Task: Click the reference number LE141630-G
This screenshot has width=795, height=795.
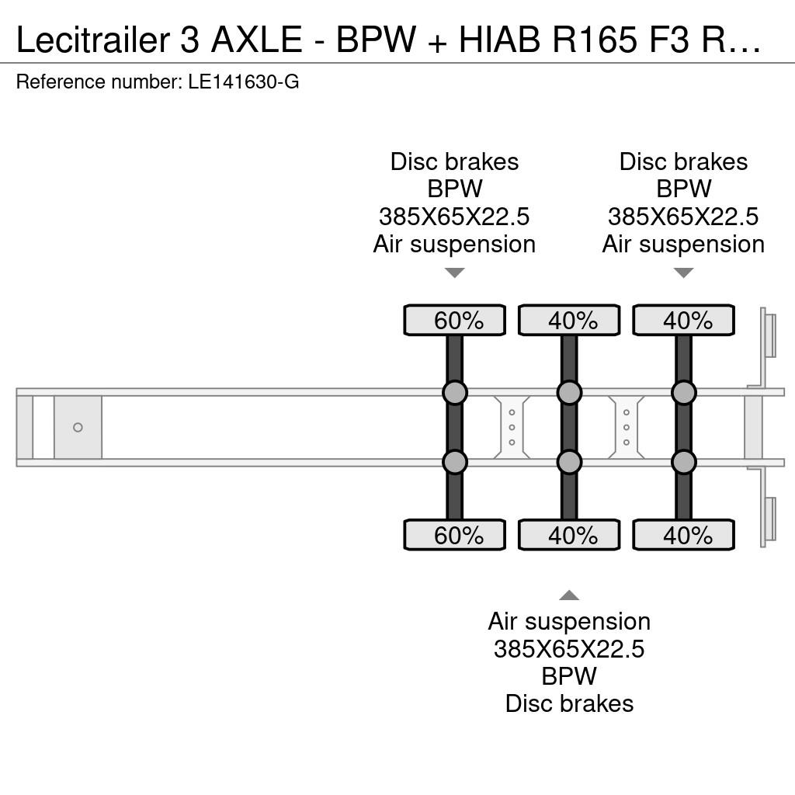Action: [x=243, y=82]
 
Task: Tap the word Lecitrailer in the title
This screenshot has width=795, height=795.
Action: [x=93, y=40]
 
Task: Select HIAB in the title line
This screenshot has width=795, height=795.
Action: [x=499, y=40]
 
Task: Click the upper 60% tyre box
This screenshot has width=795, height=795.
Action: [x=455, y=321]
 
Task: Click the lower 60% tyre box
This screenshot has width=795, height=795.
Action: [x=455, y=535]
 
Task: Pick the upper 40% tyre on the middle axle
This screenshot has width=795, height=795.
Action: [x=569, y=321]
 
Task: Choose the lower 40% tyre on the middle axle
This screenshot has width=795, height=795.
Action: [x=569, y=535]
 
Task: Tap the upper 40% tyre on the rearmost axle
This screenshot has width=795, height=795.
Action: [x=683, y=321]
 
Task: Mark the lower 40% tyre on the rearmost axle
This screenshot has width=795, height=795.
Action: [x=683, y=535]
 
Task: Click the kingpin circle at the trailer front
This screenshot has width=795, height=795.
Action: [x=78, y=428]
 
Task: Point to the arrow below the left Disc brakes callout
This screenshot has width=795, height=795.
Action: [x=455, y=273]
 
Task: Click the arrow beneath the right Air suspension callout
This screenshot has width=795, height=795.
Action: [x=683, y=273]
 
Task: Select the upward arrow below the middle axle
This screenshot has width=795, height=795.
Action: [x=569, y=595]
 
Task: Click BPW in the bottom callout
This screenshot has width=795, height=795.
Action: [x=569, y=676]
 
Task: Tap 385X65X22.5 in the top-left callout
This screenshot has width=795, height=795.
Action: [x=454, y=217]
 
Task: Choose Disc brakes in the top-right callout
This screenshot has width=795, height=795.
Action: [x=683, y=161]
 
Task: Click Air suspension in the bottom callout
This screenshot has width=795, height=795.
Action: [x=569, y=622]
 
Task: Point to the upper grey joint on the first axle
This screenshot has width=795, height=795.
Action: [x=455, y=392]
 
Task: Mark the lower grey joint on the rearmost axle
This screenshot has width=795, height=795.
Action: [x=683, y=463]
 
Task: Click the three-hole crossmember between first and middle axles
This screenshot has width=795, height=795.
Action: [x=512, y=428]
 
